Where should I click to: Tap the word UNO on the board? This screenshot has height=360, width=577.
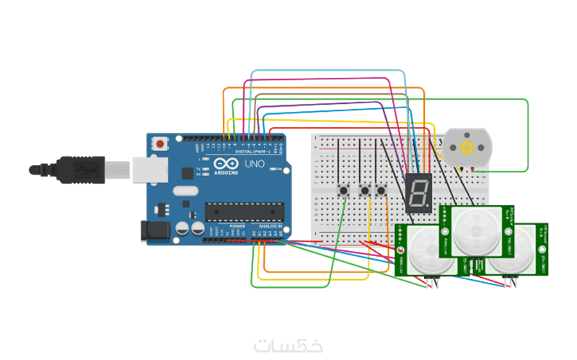pos(255,165)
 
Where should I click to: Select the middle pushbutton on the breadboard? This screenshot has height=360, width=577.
pos(365,190)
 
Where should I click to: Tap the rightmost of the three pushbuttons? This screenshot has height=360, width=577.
pos(380,190)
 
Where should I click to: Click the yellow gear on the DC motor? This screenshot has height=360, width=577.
pos(466,149)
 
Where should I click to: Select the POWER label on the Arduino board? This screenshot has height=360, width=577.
pos(237,227)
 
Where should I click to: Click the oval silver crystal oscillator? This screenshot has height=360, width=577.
pos(184,191)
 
